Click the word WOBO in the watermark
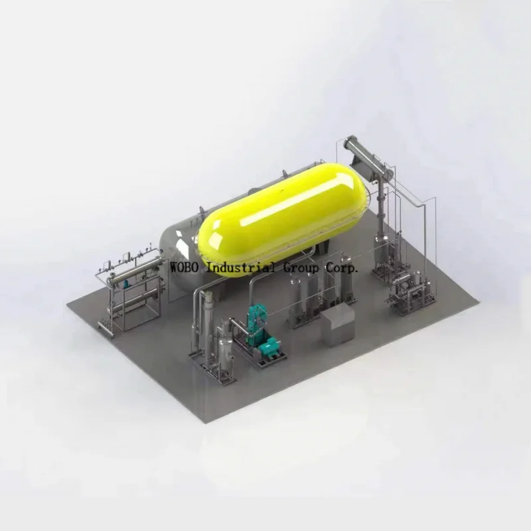tap(185, 267)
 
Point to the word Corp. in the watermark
tap(342, 267)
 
